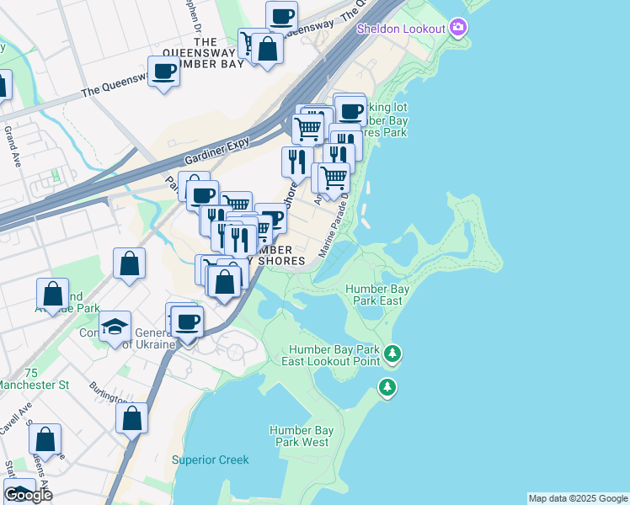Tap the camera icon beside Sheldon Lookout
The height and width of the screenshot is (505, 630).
click(458, 29)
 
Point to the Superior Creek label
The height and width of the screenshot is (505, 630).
click(211, 460)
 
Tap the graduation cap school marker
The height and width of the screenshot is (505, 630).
click(113, 327)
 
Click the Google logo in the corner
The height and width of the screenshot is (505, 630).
click(28, 494)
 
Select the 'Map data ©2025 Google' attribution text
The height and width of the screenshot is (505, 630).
click(578, 498)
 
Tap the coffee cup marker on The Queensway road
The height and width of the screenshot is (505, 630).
click(163, 72)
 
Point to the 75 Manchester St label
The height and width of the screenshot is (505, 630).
click(34, 379)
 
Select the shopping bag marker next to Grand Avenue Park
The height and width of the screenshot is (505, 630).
click(52, 295)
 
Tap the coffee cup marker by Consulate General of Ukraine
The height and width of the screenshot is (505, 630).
click(187, 322)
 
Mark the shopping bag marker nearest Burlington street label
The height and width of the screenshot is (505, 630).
click(132, 417)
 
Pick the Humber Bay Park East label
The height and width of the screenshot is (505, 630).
click(377, 295)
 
